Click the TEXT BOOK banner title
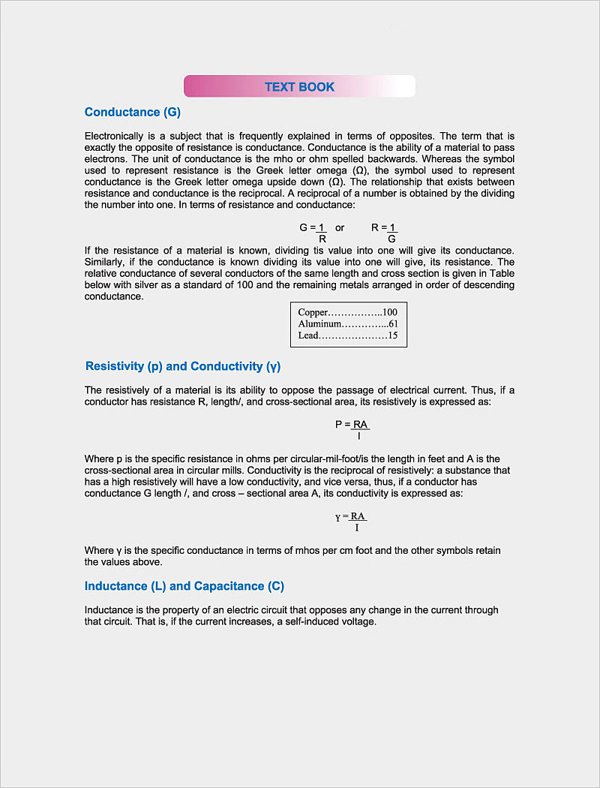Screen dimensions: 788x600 299,86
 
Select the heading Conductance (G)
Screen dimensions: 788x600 133,113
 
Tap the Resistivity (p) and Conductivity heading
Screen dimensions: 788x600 183,366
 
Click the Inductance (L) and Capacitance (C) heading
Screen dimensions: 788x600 184,586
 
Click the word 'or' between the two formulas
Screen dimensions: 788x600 340,228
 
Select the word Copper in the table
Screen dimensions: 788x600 313,311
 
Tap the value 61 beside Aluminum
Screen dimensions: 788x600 393,323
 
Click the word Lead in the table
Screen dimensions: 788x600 308,335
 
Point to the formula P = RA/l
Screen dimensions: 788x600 352,429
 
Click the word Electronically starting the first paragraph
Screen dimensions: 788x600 115,137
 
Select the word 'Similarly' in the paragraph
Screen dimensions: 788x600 106,262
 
